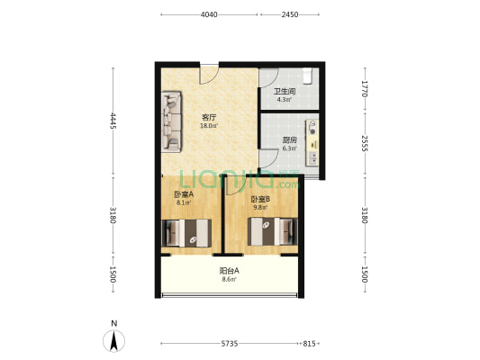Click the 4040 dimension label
click(x=209, y=14)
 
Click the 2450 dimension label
click(x=290, y=14)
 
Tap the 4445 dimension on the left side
click(x=113, y=121)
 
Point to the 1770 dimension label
click(x=365, y=89)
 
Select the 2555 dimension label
click(x=365, y=143)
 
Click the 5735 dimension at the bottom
click(x=230, y=344)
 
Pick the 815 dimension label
click(x=309, y=344)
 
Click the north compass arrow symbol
click(x=113, y=341)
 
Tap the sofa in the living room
click(x=171, y=121)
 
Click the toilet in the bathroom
click(x=307, y=76)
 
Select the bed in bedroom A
click(x=186, y=233)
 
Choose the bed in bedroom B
click(x=273, y=231)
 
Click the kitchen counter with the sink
click(x=312, y=143)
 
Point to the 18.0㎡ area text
click(x=209, y=126)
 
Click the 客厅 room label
click(x=209, y=117)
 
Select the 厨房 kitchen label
click(x=290, y=140)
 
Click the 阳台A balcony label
click(x=230, y=271)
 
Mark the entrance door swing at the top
click(x=209, y=75)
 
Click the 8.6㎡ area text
click(x=230, y=279)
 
